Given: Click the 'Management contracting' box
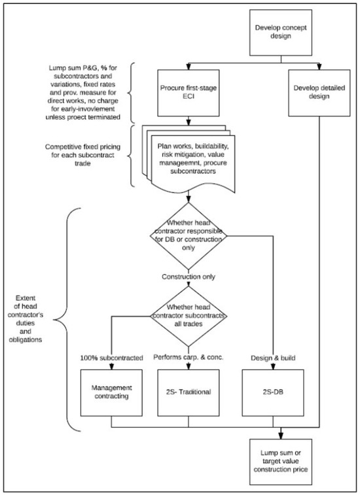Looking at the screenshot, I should (111, 395).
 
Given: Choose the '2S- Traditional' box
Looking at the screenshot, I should (189, 395).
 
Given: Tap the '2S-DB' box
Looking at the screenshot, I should (281, 395).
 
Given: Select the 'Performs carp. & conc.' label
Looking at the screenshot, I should (189, 358).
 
